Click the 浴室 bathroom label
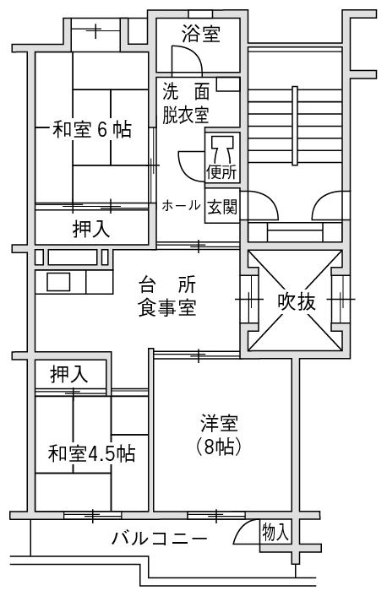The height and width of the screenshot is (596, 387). (200, 34)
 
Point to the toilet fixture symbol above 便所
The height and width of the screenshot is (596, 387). (222, 149)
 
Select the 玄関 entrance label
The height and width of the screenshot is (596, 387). (222, 207)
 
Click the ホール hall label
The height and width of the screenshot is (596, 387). (181, 206)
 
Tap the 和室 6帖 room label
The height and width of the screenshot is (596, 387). (92, 130)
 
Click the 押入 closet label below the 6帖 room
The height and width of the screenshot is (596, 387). (91, 230)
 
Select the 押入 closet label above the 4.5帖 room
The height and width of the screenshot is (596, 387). (69, 374)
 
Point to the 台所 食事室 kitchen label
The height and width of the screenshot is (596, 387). (167, 297)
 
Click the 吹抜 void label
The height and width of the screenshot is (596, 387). (297, 302)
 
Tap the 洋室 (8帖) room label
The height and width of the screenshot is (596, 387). (219, 436)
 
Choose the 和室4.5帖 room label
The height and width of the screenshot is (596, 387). (92, 453)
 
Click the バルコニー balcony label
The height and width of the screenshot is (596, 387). (160, 539)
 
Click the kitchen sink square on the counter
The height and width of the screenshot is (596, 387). (58, 282)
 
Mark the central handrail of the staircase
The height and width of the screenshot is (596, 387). (295, 126)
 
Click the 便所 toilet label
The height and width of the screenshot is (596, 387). (222, 173)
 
